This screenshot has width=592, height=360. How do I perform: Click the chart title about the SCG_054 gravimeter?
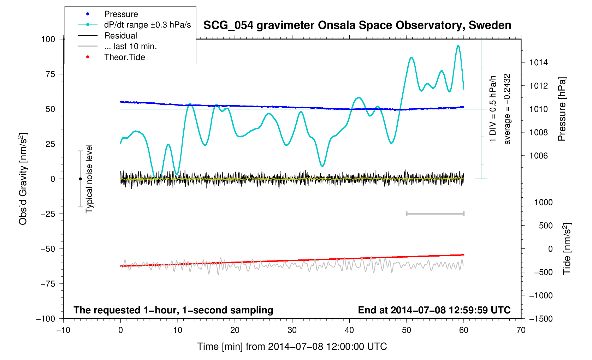(x=357, y=25)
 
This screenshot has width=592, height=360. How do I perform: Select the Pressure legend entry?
(x=121, y=14)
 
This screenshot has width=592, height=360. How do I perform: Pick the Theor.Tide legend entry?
(x=124, y=57)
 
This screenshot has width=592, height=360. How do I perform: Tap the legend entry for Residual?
(x=120, y=36)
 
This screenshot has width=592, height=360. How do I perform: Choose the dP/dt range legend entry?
(x=147, y=25)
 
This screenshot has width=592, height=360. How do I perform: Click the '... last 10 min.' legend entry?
(x=130, y=46)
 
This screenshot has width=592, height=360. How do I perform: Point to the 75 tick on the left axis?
(x=51, y=74)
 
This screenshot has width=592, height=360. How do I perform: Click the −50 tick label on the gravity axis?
(x=48, y=249)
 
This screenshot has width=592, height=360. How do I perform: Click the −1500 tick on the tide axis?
(x=540, y=319)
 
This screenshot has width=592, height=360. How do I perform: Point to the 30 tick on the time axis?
(x=292, y=330)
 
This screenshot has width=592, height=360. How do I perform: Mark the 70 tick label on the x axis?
(x=521, y=330)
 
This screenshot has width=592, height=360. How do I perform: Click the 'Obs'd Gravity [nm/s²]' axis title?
(x=23, y=179)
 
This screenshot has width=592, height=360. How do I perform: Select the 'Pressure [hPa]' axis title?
(x=562, y=109)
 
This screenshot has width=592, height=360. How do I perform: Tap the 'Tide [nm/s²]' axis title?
(x=567, y=249)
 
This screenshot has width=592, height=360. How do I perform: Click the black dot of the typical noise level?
(x=80, y=179)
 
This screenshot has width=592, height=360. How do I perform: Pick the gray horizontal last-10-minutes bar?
(x=435, y=214)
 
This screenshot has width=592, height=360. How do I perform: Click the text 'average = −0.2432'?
(x=507, y=109)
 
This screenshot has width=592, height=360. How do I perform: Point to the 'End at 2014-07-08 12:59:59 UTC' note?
(x=434, y=310)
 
